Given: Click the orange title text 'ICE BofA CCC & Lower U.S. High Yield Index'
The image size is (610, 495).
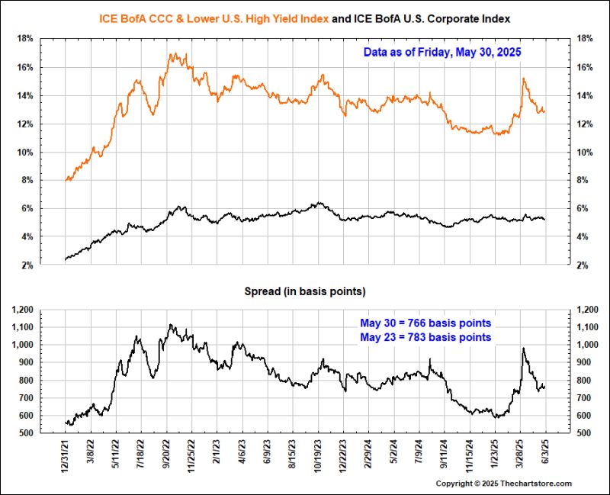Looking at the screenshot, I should click(x=214, y=17).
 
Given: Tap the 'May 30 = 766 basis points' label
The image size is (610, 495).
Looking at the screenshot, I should click(x=425, y=323).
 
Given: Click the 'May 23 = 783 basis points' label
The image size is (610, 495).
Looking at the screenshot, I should click(x=425, y=337).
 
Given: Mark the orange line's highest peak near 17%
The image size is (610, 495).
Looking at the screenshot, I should click(x=172, y=53).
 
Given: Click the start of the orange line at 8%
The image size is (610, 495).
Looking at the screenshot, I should click(x=66, y=180).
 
